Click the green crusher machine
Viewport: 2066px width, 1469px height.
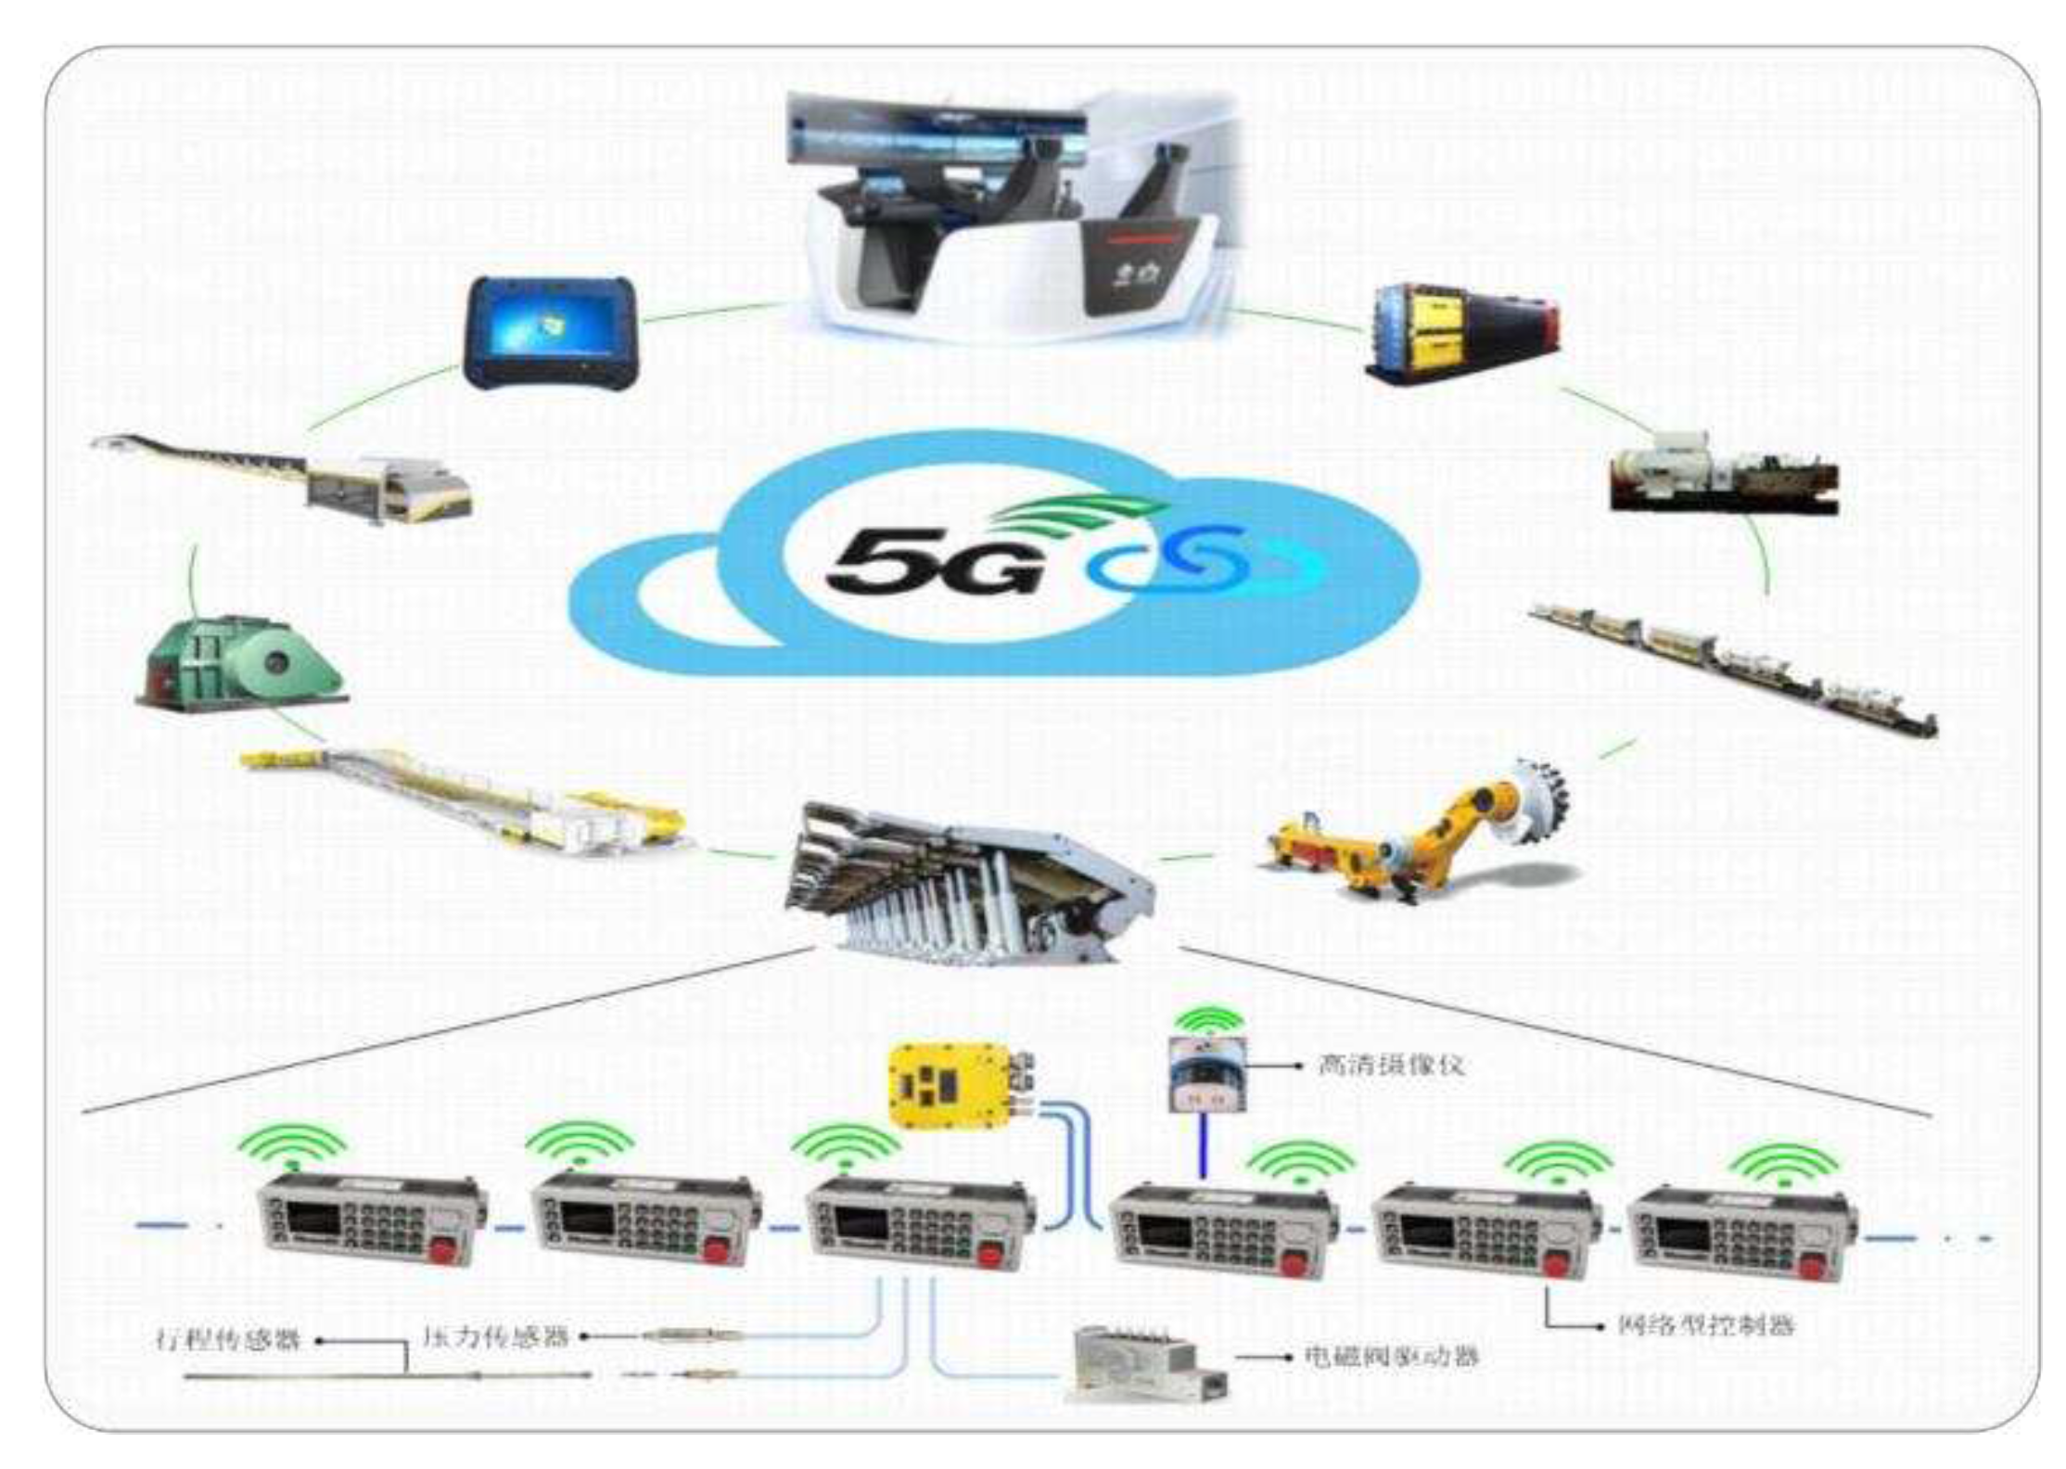pyautogui.click(x=243, y=660)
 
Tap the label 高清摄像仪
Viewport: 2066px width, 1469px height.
pyautogui.click(x=1391, y=1065)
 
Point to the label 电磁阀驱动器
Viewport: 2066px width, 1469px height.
pyautogui.click(x=1391, y=1357)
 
